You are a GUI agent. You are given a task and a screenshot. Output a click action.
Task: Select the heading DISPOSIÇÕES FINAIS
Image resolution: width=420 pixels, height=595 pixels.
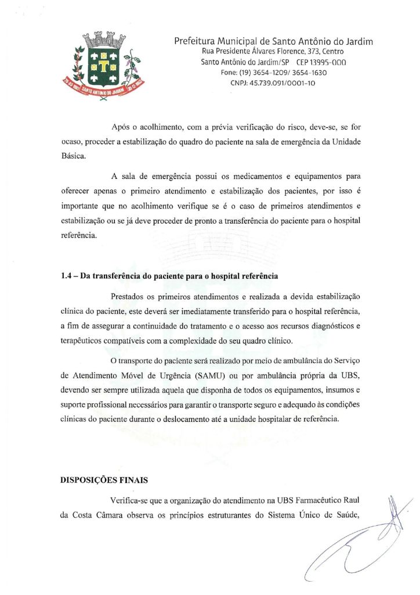coord(104,481)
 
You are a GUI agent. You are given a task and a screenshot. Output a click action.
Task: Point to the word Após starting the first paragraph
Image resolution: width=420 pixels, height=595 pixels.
coord(121,127)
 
